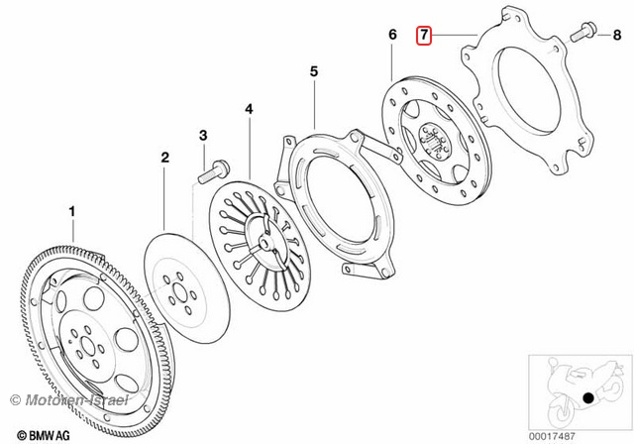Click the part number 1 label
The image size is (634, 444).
[71, 211]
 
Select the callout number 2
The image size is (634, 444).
[165, 158]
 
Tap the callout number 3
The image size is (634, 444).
[202, 134]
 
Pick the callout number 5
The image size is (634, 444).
[313, 71]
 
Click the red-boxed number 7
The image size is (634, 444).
[424, 36]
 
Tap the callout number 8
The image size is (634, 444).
[616, 35]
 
